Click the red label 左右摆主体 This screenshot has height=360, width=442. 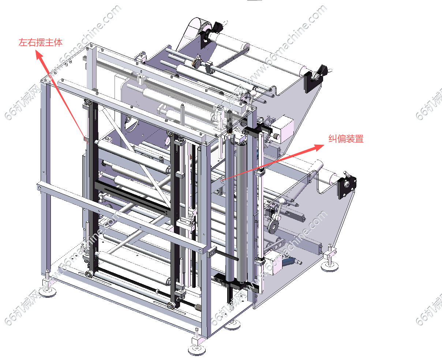coord(41,42)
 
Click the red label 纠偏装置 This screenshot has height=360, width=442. coord(346,139)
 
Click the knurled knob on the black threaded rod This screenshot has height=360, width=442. coord(198,307)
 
